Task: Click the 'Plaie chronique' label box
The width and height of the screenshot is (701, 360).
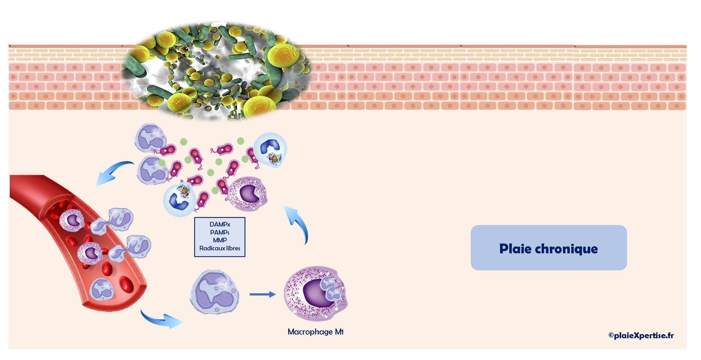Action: pyautogui.click(x=548, y=248)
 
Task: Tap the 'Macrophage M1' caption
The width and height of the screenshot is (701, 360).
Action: pyautogui.click(x=315, y=332)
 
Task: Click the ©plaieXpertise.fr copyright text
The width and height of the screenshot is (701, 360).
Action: pyautogui.click(x=641, y=335)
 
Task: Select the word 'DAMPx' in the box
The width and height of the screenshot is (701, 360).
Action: pyautogui.click(x=220, y=224)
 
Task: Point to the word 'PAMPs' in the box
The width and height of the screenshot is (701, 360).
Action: pyautogui.click(x=220, y=232)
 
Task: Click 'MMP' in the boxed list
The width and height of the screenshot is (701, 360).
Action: pyautogui.click(x=220, y=240)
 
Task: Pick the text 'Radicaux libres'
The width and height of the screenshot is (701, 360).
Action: pyautogui.click(x=220, y=248)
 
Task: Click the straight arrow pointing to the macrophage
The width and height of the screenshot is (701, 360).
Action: pyautogui.click(x=263, y=294)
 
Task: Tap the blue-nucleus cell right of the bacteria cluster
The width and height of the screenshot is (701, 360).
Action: pyautogui.click(x=270, y=150)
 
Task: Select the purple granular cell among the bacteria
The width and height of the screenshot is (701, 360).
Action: pyautogui.click(x=248, y=193)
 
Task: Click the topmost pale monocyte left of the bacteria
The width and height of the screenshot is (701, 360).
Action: pyautogui.click(x=150, y=138)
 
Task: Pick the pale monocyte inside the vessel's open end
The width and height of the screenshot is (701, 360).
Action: pyautogui.click(x=102, y=289)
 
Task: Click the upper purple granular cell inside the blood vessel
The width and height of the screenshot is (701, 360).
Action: pyautogui.click(x=72, y=220)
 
